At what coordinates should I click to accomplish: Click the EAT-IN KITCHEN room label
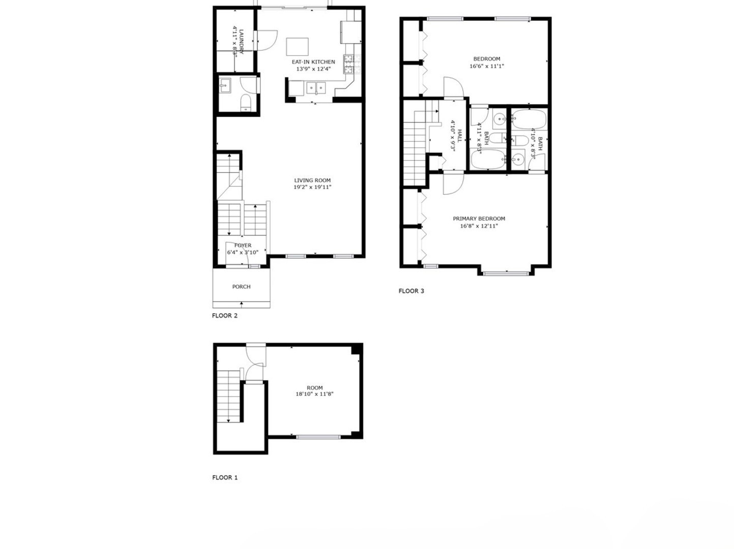click(x=313, y=62)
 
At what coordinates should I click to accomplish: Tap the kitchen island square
click(x=298, y=47)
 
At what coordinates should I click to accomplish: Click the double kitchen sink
click(x=316, y=88)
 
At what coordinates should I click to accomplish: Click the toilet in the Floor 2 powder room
click(x=245, y=102)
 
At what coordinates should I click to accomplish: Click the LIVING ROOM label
click(x=312, y=180)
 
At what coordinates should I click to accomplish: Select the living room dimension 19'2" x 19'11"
click(x=312, y=187)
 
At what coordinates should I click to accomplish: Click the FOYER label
click(x=243, y=246)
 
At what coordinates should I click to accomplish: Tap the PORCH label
click(x=241, y=287)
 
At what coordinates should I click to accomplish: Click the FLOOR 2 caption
click(x=224, y=316)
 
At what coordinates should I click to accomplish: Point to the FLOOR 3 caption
click(x=411, y=291)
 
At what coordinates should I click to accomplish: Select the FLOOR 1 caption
click(x=224, y=478)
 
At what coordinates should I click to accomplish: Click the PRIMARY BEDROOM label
click(x=479, y=219)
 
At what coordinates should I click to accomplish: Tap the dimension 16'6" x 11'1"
click(x=486, y=66)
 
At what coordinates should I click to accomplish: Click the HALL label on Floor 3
click(x=459, y=136)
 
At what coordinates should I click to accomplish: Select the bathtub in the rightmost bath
click(x=529, y=120)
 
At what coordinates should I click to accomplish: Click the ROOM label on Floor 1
click(x=314, y=388)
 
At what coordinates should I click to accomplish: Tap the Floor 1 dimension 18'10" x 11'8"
click(x=314, y=394)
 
